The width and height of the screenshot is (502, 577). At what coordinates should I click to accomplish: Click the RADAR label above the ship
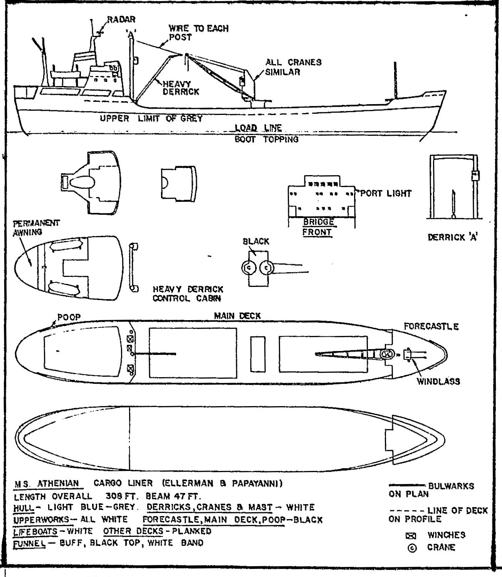[121, 19]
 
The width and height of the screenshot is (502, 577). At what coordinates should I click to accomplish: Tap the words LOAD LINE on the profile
[259, 128]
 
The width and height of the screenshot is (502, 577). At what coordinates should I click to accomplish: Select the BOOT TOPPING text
[267, 139]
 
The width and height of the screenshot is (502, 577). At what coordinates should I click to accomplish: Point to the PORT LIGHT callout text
[386, 194]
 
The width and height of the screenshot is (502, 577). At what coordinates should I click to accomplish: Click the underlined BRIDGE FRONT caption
[318, 227]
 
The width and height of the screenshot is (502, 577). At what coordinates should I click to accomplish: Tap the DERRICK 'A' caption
[453, 238]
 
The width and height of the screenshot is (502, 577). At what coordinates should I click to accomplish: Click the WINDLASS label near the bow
[438, 381]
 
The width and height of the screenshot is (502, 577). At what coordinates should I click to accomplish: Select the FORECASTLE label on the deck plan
[431, 327]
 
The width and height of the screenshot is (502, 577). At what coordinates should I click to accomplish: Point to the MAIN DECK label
[237, 316]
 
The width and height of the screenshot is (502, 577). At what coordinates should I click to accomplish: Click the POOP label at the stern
[69, 317]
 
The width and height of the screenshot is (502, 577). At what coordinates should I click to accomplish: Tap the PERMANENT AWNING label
[36, 228]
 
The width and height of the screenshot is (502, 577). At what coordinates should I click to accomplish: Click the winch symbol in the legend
[411, 536]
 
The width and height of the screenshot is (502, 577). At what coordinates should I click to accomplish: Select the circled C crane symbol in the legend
[412, 548]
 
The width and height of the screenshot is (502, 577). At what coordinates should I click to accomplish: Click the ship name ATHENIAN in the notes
[58, 483]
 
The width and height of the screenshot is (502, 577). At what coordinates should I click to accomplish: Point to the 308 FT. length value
[122, 496]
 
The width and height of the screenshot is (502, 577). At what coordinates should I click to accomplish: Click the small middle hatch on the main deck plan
[258, 354]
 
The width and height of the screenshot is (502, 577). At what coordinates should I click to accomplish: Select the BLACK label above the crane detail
[256, 241]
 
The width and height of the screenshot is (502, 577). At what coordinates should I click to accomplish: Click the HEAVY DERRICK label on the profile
[181, 88]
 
